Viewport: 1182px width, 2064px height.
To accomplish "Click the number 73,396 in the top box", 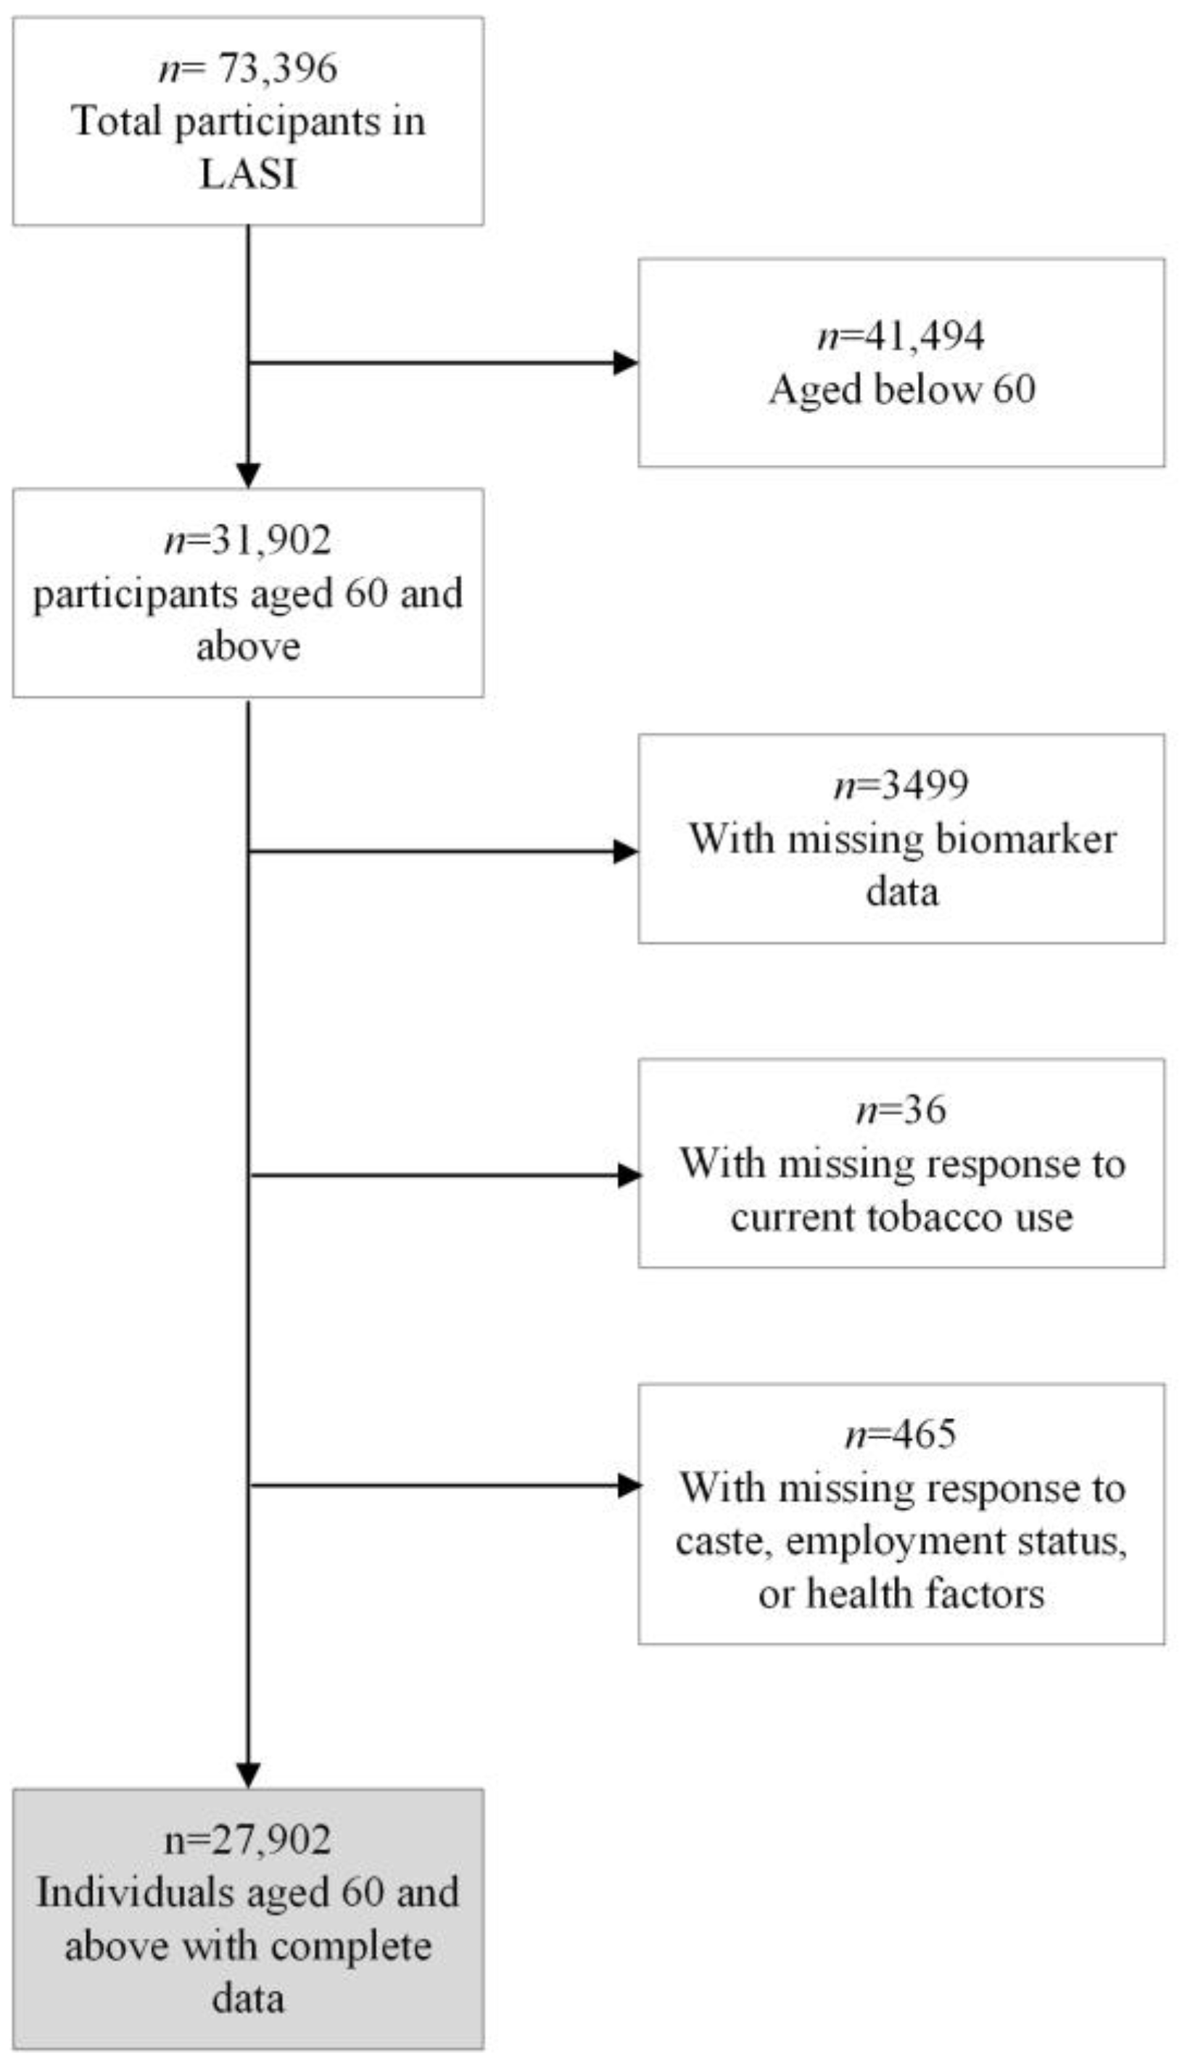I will (x=276, y=67).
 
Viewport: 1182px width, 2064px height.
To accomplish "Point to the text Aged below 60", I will (x=902, y=389).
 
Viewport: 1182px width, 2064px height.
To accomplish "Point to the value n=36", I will (x=901, y=1109).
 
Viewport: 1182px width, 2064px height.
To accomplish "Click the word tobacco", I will (x=931, y=1217).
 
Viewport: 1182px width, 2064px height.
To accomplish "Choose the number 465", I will (x=924, y=1434).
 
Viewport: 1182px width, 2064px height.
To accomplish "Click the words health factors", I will (x=925, y=1593).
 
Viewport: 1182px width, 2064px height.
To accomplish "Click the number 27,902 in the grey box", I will (x=271, y=1840).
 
